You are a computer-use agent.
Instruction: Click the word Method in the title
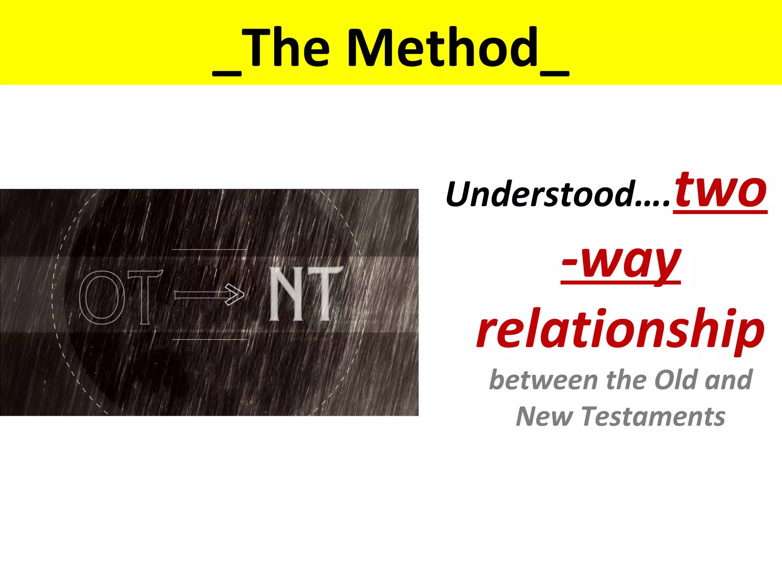443,48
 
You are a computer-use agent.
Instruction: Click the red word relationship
621,329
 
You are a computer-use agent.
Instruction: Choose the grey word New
544,417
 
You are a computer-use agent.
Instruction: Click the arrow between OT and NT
209,295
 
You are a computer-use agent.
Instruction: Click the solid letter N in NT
286,293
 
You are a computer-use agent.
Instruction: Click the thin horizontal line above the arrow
209,250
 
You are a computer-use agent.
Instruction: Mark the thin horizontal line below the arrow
209,339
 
